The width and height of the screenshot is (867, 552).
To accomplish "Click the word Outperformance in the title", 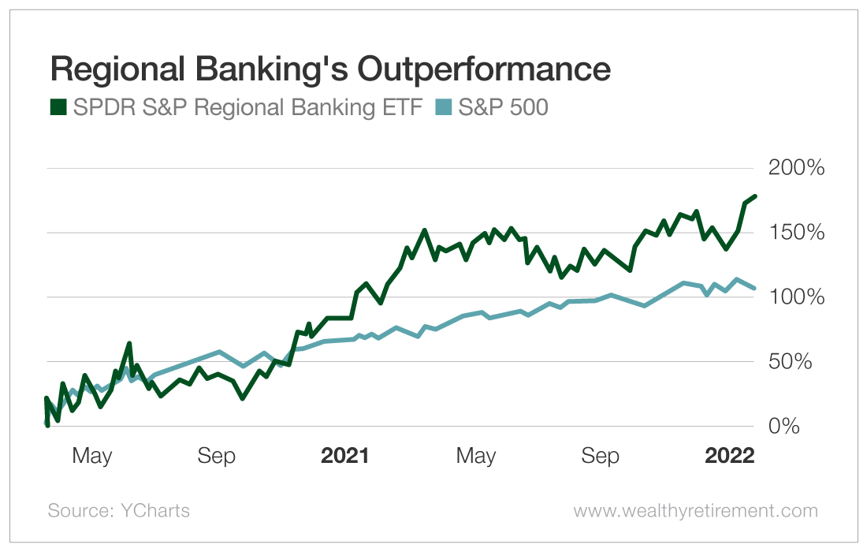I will point(484,69).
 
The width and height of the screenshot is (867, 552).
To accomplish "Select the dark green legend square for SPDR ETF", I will point(58,107).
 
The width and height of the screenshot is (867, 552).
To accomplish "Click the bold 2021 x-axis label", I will point(344,456).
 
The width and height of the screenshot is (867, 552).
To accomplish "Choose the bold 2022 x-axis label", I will point(729,456).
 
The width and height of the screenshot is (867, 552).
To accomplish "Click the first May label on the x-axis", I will point(92,456).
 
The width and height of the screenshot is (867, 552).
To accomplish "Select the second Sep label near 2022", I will point(601,456).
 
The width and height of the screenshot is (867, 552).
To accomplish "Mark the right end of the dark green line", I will point(754,196).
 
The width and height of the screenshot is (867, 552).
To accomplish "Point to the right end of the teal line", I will point(754,288).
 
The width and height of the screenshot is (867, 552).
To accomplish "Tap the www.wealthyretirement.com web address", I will point(695,511).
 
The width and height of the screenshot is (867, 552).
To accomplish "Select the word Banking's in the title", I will point(275,69).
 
